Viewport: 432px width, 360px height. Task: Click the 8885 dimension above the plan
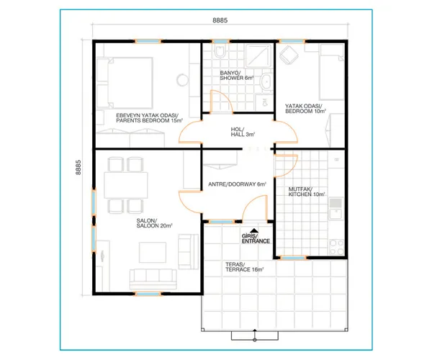tap(220, 20)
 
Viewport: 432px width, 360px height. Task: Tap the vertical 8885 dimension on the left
tap(78, 168)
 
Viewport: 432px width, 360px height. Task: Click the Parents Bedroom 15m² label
tap(149, 118)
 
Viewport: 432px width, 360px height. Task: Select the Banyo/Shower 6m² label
tap(237, 76)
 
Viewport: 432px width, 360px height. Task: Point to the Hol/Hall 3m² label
tap(243, 132)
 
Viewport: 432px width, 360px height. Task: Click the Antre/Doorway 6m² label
tap(237, 184)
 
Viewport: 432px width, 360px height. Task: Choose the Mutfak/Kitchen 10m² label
tap(307, 192)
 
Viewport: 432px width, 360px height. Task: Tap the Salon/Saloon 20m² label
tap(154, 223)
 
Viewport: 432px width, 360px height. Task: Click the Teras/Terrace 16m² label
tap(244, 267)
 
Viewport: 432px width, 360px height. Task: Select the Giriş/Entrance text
tap(256, 238)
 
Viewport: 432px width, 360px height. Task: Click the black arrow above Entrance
tap(254, 230)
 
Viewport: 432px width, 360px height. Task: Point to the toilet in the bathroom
tap(220, 51)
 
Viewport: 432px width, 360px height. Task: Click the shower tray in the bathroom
tap(258, 56)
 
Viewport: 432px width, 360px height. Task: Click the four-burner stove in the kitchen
tap(337, 248)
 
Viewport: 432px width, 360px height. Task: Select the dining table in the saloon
tap(126, 185)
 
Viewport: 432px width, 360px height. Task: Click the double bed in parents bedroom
tap(125, 83)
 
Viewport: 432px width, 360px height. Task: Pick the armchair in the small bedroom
tap(289, 55)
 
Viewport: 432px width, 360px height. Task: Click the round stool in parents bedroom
tap(182, 80)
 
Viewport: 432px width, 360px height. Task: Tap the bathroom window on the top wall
tap(220, 41)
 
